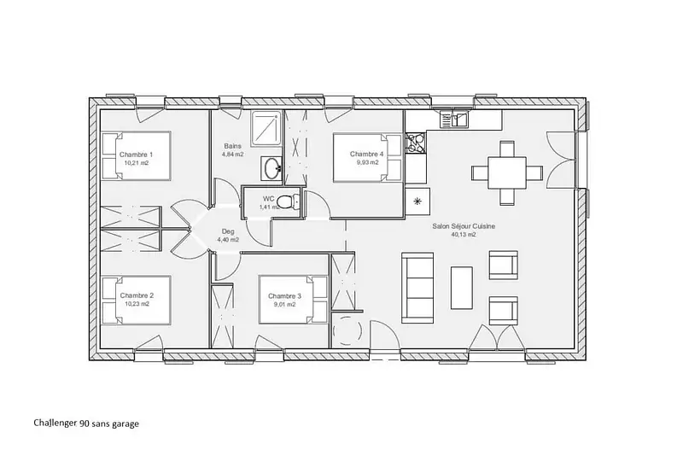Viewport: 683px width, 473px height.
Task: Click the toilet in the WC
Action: click(x=289, y=201)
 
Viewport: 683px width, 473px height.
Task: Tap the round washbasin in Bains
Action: click(x=272, y=168)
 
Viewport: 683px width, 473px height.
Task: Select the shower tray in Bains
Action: click(x=266, y=127)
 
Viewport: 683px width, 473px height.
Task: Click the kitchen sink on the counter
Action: click(x=454, y=119)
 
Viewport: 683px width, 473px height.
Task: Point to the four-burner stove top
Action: click(x=416, y=143)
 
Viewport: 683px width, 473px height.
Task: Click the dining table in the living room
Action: click(x=507, y=173)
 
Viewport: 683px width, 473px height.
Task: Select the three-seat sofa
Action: click(x=417, y=288)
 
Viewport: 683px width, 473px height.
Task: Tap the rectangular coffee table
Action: click(x=462, y=288)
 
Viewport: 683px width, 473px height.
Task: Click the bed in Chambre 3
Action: click(x=293, y=300)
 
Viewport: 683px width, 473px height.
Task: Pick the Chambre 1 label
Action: click(x=137, y=155)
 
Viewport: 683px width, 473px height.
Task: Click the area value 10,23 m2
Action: click(x=137, y=304)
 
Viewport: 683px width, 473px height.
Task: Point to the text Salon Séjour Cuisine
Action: click(x=464, y=226)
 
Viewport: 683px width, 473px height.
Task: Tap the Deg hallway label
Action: click(x=228, y=231)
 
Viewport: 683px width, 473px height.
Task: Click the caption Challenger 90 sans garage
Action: click(x=86, y=423)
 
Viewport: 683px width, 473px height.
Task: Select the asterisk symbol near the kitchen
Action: click(x=417, y=201)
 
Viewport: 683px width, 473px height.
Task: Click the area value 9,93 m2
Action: click(x=367, y=162)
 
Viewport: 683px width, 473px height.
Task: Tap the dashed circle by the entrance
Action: click(x=347, y=331)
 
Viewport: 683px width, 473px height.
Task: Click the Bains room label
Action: click(x=232, y=146)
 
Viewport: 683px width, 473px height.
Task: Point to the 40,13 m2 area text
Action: click(x=464, y=234)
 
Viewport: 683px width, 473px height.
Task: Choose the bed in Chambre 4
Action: click(x=367, y=158)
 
